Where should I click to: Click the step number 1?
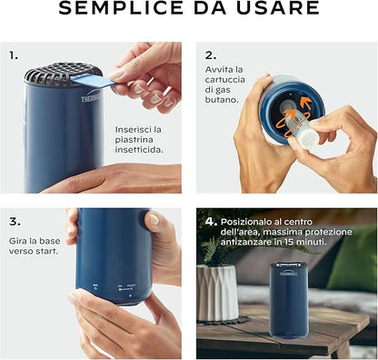point(14,55)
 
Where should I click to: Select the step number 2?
point(211,55)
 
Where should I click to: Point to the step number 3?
point(15,222)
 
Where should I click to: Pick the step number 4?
point(211,222)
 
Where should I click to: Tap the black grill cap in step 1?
point(62,74)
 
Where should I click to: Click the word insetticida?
point(139,149)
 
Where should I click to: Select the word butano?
point(222,100)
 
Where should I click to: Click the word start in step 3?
point(47,251)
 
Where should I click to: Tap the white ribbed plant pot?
point(217,293)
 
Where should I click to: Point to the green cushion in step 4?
point(354,261)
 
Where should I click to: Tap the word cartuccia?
point(225,80)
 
